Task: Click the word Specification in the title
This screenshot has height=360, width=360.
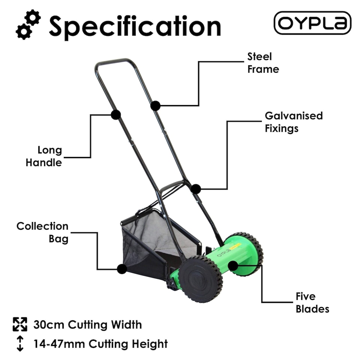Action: pos(135,26)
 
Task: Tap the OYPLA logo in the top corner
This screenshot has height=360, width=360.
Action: pos(312,23)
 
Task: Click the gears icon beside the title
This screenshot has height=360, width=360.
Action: pos(28,25)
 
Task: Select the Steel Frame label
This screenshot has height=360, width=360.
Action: pos(263,63)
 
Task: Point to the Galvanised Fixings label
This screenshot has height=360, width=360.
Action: pos(293,122)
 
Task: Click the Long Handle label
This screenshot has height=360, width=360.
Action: pos(44,156)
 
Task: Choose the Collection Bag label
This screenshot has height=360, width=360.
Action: pos(42,232)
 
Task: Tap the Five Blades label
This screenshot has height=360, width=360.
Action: pos(312,303)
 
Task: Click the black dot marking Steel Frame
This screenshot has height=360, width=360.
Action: pos(156,106)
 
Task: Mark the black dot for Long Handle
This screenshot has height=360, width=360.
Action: pos(115,115)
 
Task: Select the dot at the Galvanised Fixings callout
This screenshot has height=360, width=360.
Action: pos(196,189)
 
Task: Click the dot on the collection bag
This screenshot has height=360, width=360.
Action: pos(121,269)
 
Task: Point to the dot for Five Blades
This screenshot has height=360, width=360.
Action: pos(233,266)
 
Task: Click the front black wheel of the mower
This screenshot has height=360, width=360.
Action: pos(200,279)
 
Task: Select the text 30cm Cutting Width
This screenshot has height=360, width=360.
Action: pos(87,324)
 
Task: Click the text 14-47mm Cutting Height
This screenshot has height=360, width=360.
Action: pos(100,343)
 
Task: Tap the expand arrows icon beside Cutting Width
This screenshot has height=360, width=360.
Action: pos(20,324)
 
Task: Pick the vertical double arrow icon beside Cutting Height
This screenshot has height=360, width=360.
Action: pos(20,343)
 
